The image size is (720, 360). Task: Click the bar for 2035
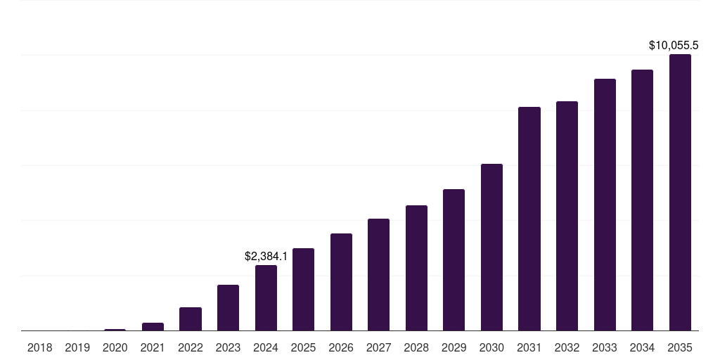pyautogui.click(x=680, y=193)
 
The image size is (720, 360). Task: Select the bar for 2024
pyautogui.click(x=266, y=297)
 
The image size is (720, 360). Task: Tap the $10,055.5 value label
pyautogui.click(x=673, y=45)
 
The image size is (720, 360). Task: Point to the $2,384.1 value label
pyautogui.click(x=266, y=256)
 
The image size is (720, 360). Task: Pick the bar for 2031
pyautogui.click(x=529, y=219)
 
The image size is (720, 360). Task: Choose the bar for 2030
pyautogui.click(x=491, y=247)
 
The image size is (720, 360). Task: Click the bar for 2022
pyautogui.click(x=191, y=319)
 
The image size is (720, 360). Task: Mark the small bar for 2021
pyautogui.click(x=153, y=326)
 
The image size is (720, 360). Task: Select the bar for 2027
pyautogui.click(x=379, y=275)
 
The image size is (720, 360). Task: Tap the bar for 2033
pyautogui.click(x=605, y=205)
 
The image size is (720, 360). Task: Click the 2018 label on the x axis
pyautogui.click(x=40, y=347)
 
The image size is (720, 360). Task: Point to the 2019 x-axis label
pyautogui.click(x=77, y=347)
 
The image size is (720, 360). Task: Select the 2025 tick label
pyautogui.click(x=304, y=347)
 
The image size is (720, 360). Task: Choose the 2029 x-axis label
pyautogui.click(x=454, y=347)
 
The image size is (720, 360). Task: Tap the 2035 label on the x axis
pyautogui.click(x=680, y=347)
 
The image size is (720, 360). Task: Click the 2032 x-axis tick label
pyautogui.click(x=567, y=347)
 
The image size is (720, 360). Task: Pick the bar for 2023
pyautogui.click(x=229, y=308)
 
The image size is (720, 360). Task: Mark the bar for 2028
pyautogui.click(x=416, y=268)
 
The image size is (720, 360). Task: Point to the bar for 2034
pyautogui.click(x=643, y=200)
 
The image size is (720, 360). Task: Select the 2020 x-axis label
pyautogui.click(x=115, y=347)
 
